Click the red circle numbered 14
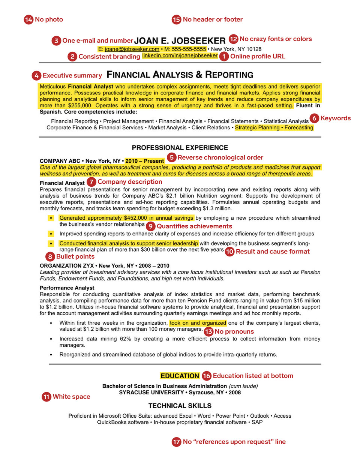[28, 19]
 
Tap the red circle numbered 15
[177, 19]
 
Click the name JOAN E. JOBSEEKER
[180, 40]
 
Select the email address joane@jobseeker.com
[132, 49]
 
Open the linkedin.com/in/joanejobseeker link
[180, 55]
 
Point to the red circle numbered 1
[224, 56]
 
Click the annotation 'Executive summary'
[72, 75]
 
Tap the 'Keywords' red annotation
[336, 118]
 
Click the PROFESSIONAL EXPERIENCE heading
[180, 148]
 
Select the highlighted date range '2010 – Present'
[145, 161]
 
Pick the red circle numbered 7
[91, 182]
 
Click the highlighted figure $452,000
[135, 218]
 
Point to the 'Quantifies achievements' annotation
[194, 226]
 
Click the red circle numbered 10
[229, 252]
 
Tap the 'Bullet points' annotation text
[75, 256]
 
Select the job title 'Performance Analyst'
[67, 288]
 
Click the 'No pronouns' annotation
[234, 331]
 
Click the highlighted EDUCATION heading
[180, 376]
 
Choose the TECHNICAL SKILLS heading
[180, 406]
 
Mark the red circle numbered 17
[176, 442]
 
